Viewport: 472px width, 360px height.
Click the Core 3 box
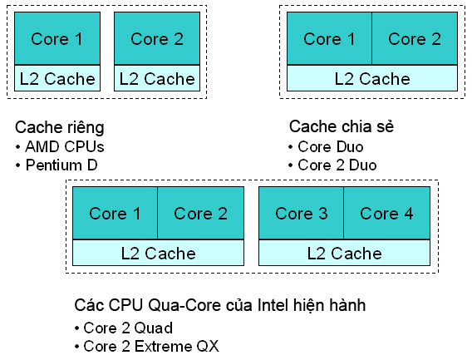click(301, 214)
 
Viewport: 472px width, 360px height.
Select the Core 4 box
click(386, 214)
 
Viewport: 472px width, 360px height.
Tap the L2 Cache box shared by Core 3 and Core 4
click(343, 254)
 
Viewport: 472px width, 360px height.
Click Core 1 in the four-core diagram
click(115, 214)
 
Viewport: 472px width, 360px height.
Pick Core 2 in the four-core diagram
click(199, 214)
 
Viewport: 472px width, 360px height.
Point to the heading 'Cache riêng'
click(60, 127)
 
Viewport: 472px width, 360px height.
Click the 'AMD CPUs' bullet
click(57, 146)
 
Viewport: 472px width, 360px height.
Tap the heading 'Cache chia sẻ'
click(341, 126)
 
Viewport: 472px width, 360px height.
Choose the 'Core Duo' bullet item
click(328, 146)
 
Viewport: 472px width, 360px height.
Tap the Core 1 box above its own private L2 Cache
click(57, 39)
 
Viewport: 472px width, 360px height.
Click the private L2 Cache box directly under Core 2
click(157, 80)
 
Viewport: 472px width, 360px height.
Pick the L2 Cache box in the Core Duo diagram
click(371, 79)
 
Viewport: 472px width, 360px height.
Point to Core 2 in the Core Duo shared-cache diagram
click(414, 39)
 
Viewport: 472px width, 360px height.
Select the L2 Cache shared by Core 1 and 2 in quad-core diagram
click(157, 254)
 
